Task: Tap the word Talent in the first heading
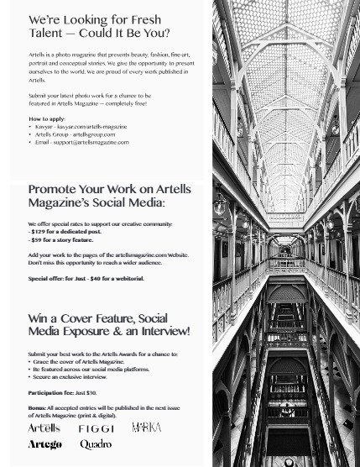pyautogui.click(x=46, y=34)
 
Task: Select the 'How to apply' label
pyautogui.click(x=47, y=119)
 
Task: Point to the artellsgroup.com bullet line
pyautogui.click(x=75, y=134)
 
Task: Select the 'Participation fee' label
pyautogui.click(x=50, y=392)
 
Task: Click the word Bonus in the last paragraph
pyautogui.click(x=37, y=407)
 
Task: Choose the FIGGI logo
pyautogui.click(x=96, y=428)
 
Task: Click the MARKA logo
pyautogui.click(x=146, y=428)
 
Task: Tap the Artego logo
pyautogui.click(x=44, y=444)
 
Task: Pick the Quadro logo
pyautogui.click(x=96, y=444)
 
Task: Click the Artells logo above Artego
pyautogui.click(x=44, y=428)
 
